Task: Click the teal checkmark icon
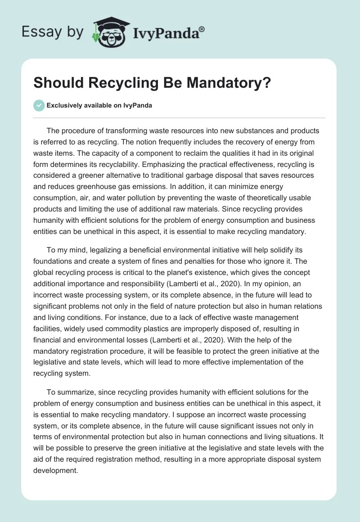coord(39,105)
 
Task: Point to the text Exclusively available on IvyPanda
coord(99,106)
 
